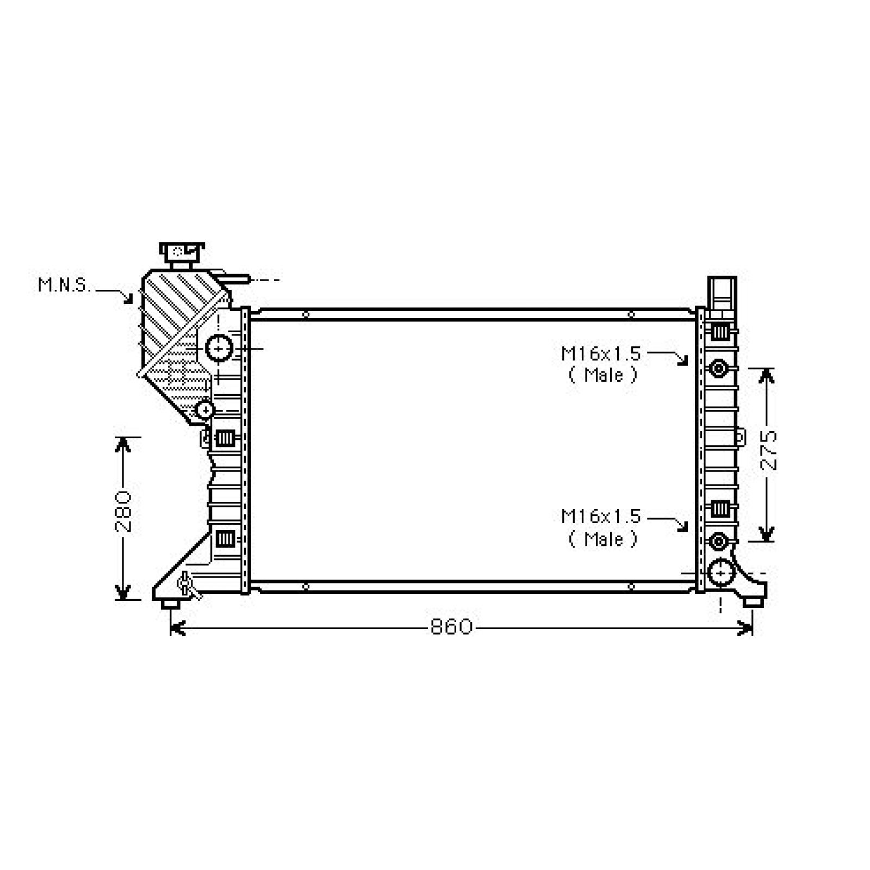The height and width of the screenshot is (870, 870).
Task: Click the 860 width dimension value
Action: pyautogui.click(x=451, y=627)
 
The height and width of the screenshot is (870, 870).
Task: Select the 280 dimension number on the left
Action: pyautogui.click(x=123, y=512)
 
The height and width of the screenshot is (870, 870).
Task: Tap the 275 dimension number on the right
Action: pyautogui.click(x=768, y=451)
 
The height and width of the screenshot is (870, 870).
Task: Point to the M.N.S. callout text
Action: pyautogui.click(x=65, y=285)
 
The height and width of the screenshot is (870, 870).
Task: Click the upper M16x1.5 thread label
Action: pyautogui.click(x=601, y=354)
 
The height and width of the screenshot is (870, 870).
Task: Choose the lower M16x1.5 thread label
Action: pyautogui.click(x=601, y=516)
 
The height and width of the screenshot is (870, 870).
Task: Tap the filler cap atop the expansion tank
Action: pyautogui.click(x=182, y=254)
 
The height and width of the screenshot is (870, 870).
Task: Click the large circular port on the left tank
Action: pyautogui.click(x=219, y=348)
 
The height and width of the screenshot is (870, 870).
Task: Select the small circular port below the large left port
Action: pyautogui.click(x=205, y=409)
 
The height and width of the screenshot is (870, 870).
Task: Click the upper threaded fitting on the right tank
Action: pyautogui.click(x=719, y=369)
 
